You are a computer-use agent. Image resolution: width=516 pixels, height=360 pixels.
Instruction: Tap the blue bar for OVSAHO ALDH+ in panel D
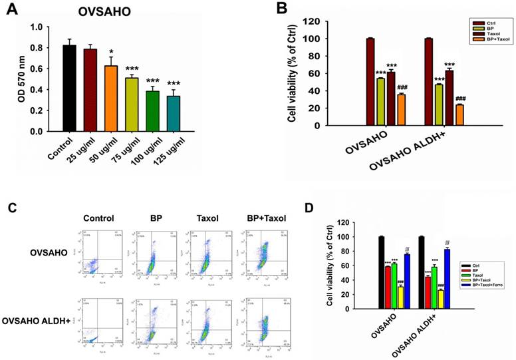(447, 278)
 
